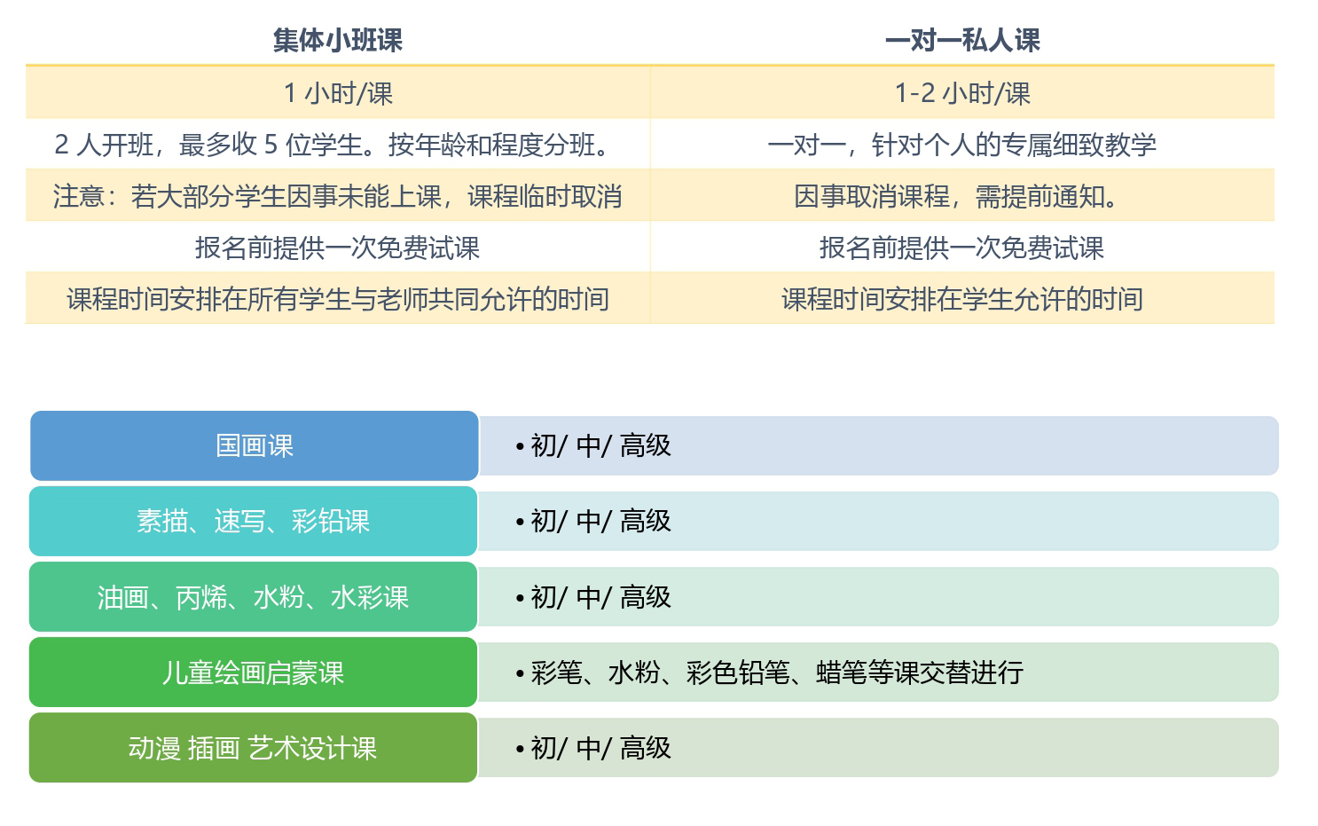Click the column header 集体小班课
[x=337, y=40]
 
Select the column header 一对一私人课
[x=962, y=40]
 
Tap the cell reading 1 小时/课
[x=338, y=93]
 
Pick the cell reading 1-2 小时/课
[x=962, y=93]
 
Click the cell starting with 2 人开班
[x=338, y=145]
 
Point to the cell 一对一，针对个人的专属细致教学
[x=962, y=145]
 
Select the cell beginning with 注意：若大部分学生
[x=338, y=196]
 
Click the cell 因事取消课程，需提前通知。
[x=962, y=196]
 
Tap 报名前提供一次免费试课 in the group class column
[x=338, y=248]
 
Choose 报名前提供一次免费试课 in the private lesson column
[x=962, y=248]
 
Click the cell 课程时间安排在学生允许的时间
[x=962, y=299]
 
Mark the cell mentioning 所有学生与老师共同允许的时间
[x=338, y=299]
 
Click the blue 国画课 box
[x=255, y=445]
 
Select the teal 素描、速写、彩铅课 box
[x=254, y=521]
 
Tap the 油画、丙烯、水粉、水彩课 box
[x=254, y=597]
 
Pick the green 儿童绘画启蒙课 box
[x=254, y=673]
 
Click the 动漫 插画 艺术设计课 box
[x=254, y=748]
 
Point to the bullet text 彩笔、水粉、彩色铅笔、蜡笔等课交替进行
[x=777, y=673]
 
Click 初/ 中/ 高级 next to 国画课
[x=601, y=445]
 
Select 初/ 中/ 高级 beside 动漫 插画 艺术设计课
[x=601, y=748]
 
